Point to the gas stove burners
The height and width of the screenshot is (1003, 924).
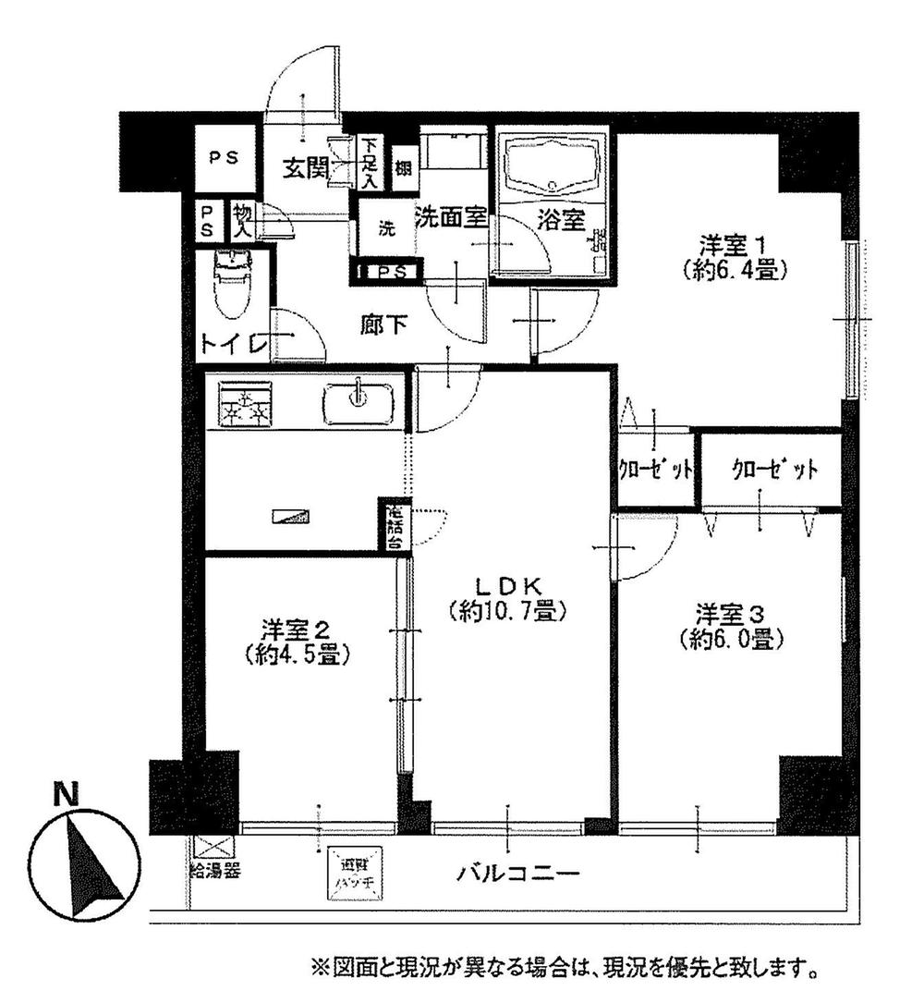pos(245,404)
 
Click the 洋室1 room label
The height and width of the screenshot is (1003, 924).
pos(735,247)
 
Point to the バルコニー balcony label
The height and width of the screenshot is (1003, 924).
pos(517,874)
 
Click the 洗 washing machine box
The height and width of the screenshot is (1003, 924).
pos(388,229)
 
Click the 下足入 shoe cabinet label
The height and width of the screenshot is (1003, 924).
pos(370,163)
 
